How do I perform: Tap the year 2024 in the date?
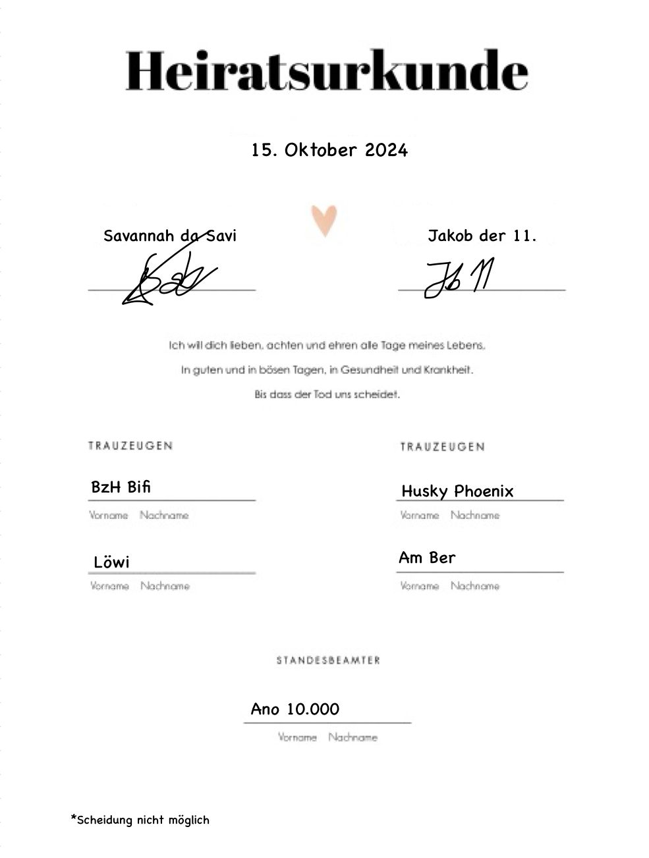[387, 150]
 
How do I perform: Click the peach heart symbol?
[324, 220]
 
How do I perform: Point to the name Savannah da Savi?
[170, 236]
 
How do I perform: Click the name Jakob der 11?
[482, 236]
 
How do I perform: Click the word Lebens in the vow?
[468, 345]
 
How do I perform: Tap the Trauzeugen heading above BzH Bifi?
[130, 446]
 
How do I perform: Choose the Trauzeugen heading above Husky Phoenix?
[442, 447]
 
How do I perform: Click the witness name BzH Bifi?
[121, 487]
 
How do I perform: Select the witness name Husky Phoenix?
[457, 491]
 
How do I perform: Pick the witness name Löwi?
[111, 562]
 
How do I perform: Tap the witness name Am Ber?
[427, 558]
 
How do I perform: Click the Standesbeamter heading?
[328, 660]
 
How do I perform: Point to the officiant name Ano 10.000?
[295, 709]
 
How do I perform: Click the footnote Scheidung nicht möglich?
[140, 820]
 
